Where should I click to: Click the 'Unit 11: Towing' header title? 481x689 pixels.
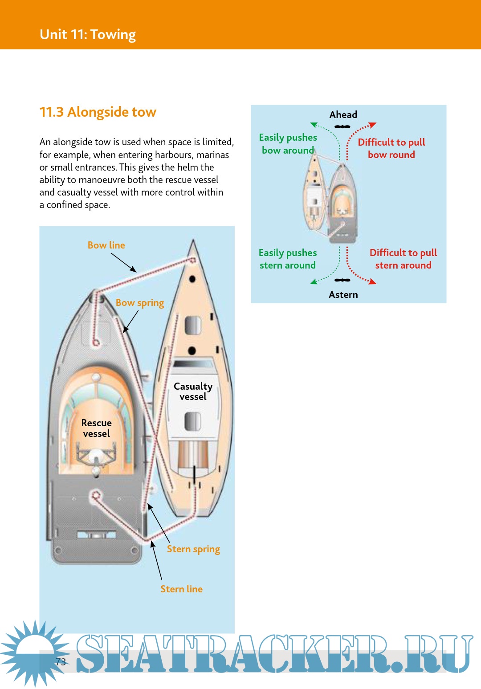88,35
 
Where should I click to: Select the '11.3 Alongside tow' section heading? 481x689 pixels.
98,112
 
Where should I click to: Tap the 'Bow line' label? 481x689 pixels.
106,245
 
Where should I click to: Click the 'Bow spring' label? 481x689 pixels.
140,303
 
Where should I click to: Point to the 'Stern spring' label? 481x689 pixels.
193,549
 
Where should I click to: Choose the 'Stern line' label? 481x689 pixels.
181,589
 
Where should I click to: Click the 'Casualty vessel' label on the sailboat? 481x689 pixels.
193,391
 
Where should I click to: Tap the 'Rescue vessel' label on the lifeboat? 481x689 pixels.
96,428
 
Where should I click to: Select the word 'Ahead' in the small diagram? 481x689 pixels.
343,115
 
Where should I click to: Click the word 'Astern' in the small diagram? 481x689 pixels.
343,295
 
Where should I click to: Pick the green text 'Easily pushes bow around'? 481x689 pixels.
288,144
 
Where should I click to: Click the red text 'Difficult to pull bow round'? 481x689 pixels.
391,148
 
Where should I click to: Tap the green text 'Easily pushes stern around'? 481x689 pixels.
288,259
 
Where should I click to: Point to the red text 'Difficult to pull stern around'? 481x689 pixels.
403,259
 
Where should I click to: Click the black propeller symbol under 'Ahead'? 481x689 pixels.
342,127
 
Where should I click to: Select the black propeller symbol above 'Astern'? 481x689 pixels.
342,280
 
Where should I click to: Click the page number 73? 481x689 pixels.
61,662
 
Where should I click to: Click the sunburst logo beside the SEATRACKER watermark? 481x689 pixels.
34,653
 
